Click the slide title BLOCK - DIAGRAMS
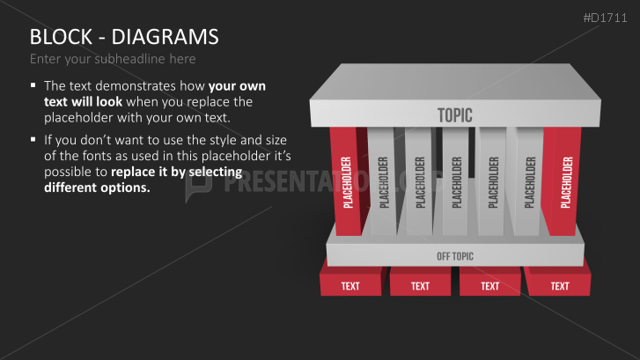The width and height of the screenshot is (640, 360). click(x=124, y=37)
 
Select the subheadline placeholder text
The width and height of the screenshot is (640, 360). click(x=113, y=59)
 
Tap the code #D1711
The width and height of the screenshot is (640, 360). click(x=605, y=18)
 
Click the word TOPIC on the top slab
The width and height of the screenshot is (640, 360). click(x=455, y=115)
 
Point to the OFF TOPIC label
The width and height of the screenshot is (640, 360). click(x=455, y=256)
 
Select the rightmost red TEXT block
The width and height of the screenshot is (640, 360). click(x=558, y=282)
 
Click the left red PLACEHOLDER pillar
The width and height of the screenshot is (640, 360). click(x=347, y=181)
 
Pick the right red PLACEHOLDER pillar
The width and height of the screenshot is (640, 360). click(x=563, y=181)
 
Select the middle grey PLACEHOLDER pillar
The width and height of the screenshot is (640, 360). click(x=456, y=181)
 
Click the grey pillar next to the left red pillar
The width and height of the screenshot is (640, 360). click(x=382, y=181)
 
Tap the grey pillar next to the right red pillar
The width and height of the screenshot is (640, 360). click(x=528, y=181)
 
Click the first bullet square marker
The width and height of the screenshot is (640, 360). click(x=33, y=85)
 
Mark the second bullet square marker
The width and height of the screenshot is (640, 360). click(x=33, y=140)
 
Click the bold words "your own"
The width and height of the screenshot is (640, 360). click(x=237, y=86)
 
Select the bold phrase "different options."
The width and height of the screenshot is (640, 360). click(x=97, y=187)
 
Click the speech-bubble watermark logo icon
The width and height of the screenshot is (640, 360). click(x=198, y=187)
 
